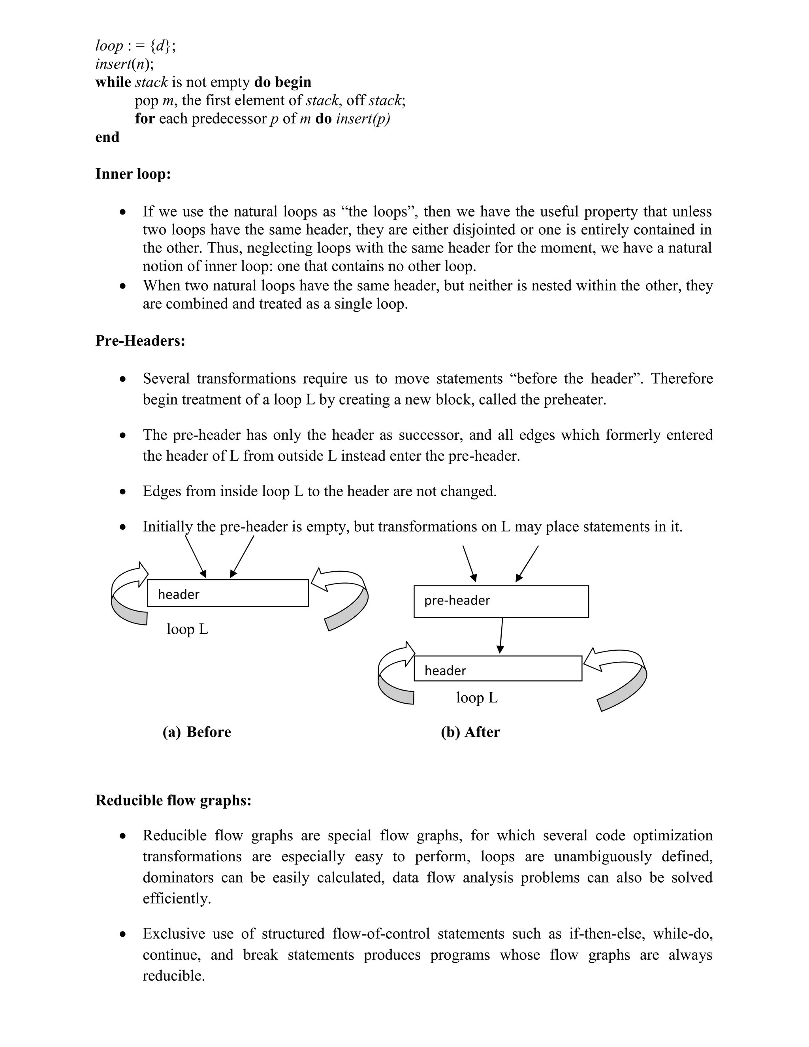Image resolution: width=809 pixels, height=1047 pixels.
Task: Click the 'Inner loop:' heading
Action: (133, 173)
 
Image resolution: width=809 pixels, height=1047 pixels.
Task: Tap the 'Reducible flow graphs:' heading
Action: (173, 800)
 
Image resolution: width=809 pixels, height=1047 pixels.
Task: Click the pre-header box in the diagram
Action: (501, 601)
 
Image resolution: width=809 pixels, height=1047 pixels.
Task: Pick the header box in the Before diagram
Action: (228, 593)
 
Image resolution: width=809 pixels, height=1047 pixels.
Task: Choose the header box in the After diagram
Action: (497, 668)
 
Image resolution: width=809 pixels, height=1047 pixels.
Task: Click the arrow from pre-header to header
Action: (501, 635)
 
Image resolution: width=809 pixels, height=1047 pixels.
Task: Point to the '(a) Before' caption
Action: (196, 732)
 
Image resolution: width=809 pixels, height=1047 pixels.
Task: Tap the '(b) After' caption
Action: (470, 732)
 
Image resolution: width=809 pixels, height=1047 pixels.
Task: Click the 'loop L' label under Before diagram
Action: (187, 629)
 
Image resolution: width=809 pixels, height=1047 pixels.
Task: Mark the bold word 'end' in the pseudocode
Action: (107, 137)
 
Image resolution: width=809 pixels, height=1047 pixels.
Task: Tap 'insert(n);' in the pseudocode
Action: (124, 64)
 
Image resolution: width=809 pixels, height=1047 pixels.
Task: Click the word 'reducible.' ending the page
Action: (173, 975)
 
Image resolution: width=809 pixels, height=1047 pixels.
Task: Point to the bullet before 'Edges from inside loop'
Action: (123, 492)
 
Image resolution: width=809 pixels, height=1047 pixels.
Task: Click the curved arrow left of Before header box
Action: (128, 595)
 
